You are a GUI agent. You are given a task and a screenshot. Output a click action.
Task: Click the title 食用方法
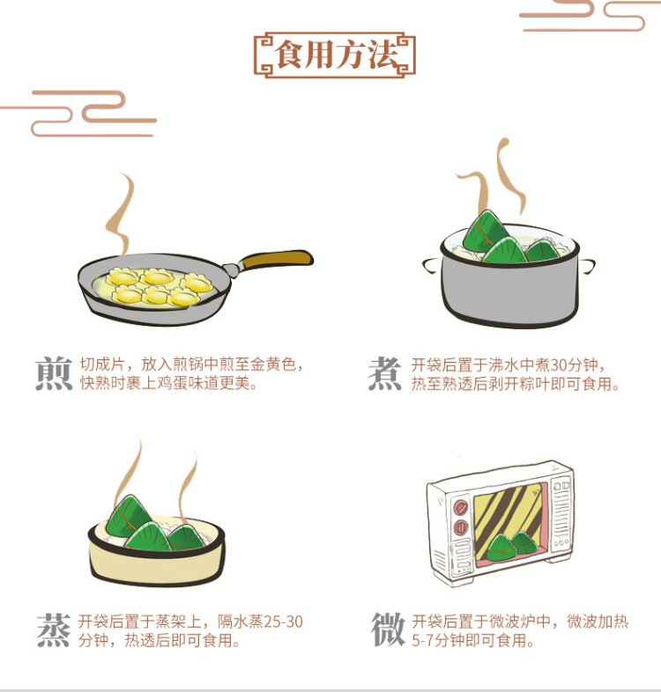pyautogui.click(x=335, y=55)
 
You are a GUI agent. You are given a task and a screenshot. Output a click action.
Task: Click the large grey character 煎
pyautogui.click(x=54, y=374)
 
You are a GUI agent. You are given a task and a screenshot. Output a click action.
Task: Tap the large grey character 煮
pyautogui.click(x=385, y=374)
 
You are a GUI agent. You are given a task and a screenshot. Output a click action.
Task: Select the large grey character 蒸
pyautogui.click(x=54, y=629)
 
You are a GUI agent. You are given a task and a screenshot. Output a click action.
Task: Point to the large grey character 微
pyautogui.click(x=388, y=629)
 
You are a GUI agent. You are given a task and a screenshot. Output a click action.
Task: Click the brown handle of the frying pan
pyautogui.click(x=277, y=259)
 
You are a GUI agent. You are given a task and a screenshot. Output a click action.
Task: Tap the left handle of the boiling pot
pyautogui.click(x=432, y=266)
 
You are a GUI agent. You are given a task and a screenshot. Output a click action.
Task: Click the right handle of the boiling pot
pyautogui.click(x=587, y=266)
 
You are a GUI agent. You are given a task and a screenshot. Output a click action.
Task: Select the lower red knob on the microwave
pyautogui.click(x=461, y=527)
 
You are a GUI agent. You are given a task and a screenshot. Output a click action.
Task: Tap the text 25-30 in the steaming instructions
pyautogui.click(x=283, y=622)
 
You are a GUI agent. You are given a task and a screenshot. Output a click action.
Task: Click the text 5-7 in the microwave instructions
pyautogui.click(x=422, y=640)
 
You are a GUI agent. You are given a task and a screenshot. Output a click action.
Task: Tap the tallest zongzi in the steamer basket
pyautogui.click(x=128, y=516)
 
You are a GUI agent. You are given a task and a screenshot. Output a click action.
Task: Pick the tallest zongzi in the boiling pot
pyautogui.click(x=486, y=230)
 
